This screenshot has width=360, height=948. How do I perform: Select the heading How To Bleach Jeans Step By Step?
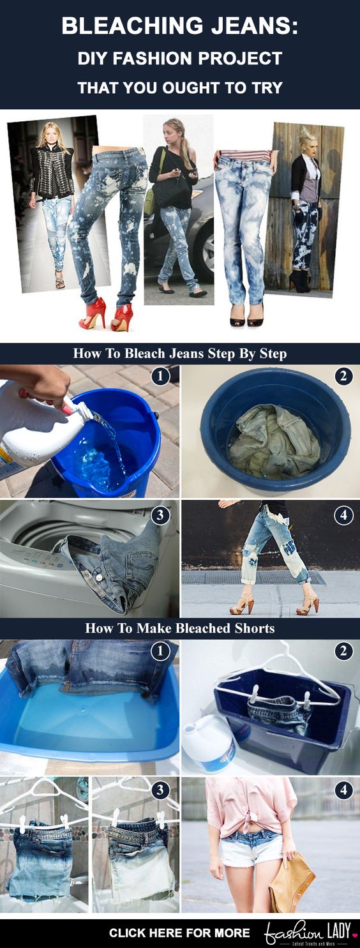pos(180,354)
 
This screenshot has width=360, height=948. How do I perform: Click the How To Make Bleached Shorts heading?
pos(180,628)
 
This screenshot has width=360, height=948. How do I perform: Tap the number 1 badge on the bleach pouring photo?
pos(160,377)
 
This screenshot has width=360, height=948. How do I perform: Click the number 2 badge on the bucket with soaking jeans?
pos(343,377)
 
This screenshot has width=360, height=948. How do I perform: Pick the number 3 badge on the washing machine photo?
pos(160,515)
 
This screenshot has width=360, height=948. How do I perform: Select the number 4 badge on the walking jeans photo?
pos(343,515)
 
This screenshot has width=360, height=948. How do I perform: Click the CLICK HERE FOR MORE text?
pos(179,933)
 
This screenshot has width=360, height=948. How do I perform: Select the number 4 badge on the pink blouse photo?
pos(343,790)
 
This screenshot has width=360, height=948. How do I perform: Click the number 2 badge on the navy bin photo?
pos(343,652)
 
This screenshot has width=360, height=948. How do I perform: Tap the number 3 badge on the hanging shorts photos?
pos(160,790)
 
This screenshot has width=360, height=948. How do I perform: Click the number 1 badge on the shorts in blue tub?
pos(160,652)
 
